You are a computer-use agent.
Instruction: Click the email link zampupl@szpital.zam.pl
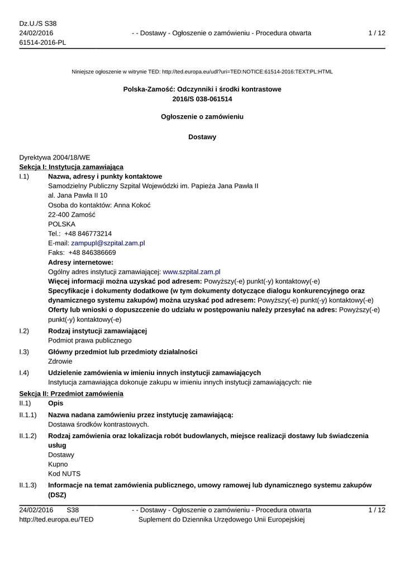[108, 243]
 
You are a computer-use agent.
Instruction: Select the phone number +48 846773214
[88, 233]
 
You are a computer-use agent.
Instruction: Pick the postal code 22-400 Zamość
[72, 214]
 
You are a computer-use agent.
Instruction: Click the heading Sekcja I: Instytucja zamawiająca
[72, 167]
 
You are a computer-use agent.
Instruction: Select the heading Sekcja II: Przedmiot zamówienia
[71, 394]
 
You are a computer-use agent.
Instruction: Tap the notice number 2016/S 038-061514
[202, 99]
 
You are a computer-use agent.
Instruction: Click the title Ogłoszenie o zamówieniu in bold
[202, 117]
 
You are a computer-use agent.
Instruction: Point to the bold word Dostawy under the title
[202, 137]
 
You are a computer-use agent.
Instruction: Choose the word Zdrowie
[60, 361]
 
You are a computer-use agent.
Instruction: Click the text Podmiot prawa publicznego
[90, 340]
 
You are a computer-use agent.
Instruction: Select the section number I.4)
[24, 373]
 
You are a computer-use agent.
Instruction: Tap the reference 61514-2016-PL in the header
[42, 43]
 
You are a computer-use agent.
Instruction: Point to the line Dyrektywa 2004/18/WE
[54, 158]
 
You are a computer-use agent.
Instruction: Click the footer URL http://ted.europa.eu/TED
[56, 520]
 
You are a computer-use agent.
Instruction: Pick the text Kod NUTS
[64, 473]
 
